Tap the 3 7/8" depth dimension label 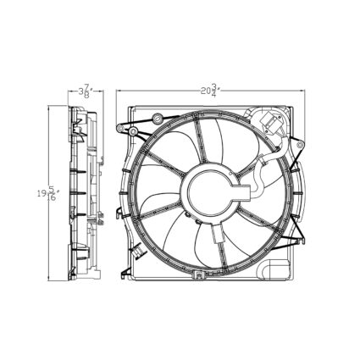coord(85,90)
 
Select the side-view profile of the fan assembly coord(85,195)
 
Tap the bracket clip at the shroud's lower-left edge coord(127,271)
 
